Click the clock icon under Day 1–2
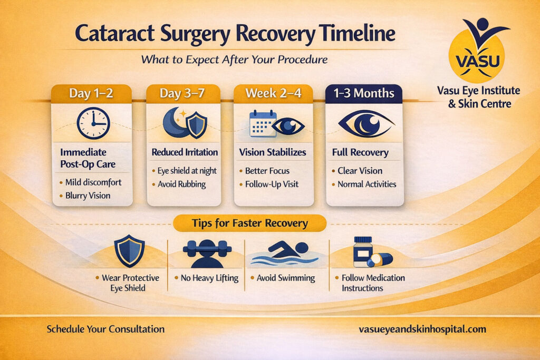tap(93, 123)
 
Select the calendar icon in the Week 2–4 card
tap(263, 123)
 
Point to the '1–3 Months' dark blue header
tap(364, 93)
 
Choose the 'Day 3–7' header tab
tap(182, 93)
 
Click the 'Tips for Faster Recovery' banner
tap(249, 223)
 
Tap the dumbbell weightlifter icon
tap(207, 254)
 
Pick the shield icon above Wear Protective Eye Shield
tap(129, 251)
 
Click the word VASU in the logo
tap(478, 61)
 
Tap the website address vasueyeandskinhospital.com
tap(422, 329)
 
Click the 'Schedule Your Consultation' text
tap(105, 329)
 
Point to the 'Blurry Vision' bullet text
tap(88, 196)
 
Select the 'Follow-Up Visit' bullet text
tap(272, 184)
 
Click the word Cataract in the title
tap(114, 34)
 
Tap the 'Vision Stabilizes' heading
tap(273, 152)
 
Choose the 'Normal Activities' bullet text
tap(367, 184)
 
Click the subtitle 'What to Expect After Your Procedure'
tap(234, 60)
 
